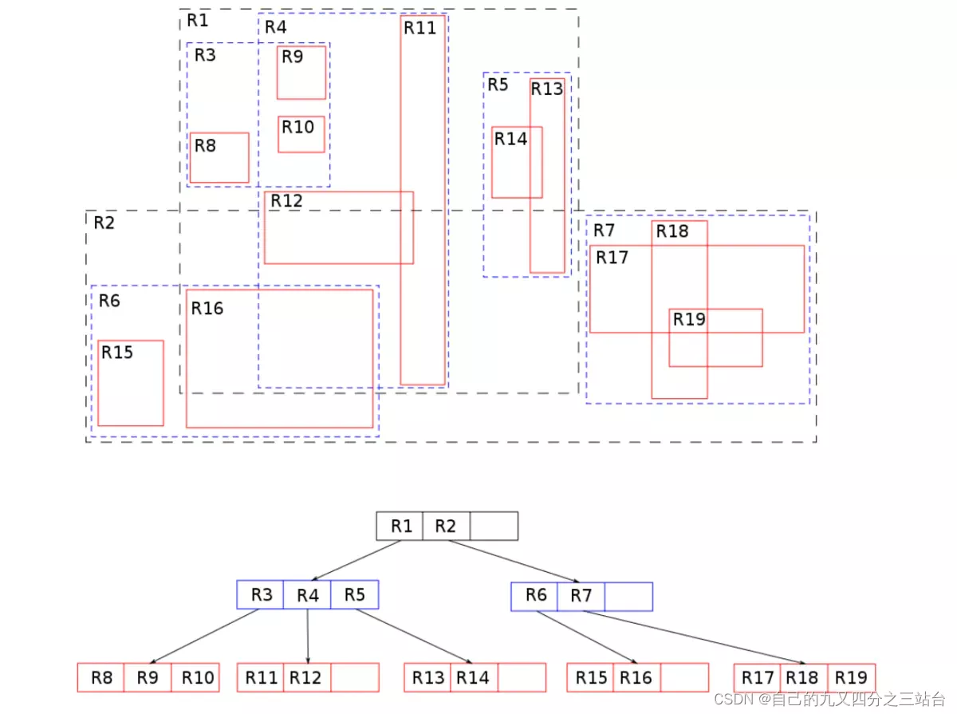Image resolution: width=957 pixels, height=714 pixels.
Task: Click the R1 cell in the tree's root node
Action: tap(400, 527)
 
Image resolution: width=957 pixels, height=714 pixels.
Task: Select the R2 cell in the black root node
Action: tap(446, 527)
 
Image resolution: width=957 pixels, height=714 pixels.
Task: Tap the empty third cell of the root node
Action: tap(494, 527)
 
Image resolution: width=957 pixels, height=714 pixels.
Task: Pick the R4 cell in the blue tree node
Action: tap(307, 595)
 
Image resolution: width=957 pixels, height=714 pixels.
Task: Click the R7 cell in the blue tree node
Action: tap(581, 596)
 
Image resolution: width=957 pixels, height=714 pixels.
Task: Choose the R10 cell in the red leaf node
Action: tap(197, 678)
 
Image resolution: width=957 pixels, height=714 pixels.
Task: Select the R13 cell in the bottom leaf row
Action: tap(428, 678)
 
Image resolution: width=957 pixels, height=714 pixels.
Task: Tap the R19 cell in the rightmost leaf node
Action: tap(851, 678)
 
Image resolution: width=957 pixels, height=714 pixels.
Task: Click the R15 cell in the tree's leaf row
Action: tap(591, 678)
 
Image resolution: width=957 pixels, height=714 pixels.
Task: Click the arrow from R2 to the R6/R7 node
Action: tap(514, 562)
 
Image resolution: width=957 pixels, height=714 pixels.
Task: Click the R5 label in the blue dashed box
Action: tap(498, 85)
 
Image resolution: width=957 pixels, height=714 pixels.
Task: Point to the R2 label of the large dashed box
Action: tap(104, 223)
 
